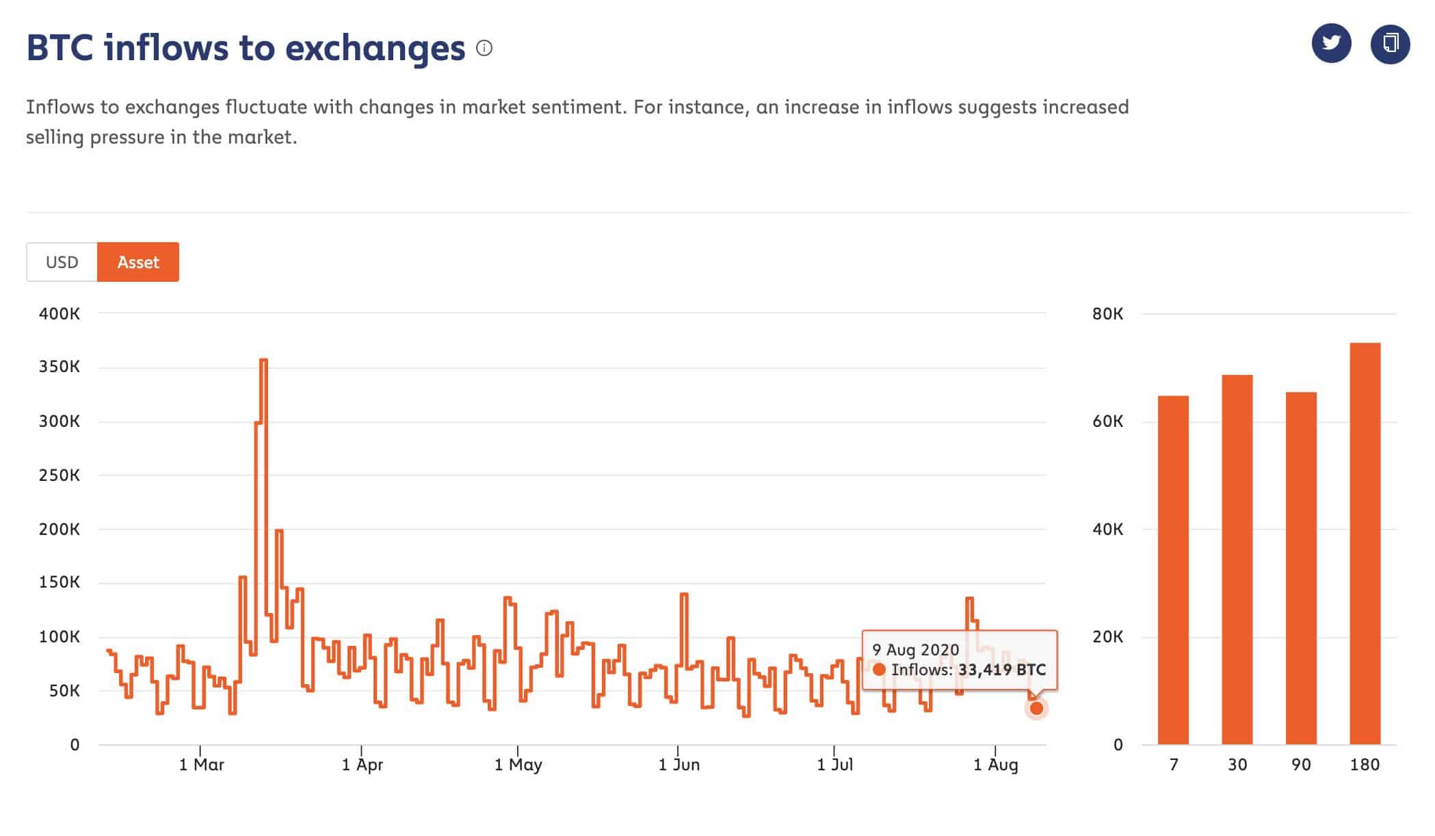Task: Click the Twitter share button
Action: pos(1331,44)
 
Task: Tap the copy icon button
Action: pos(1390,44)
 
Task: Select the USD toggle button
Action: pos(62,262)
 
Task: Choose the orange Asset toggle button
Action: pos(138,262)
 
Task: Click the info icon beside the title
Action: pos(484,48)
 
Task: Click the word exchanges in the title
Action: pos(375,48)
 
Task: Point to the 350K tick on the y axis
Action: pos(60,367)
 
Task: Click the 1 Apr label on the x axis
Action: pos(363,764)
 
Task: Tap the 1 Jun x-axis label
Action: pos(679,764)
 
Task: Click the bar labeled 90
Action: pos(1301,568)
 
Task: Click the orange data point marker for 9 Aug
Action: pos(1036,709)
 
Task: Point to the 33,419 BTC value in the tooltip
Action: pos(1002,670)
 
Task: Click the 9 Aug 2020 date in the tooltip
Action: pos(916,649)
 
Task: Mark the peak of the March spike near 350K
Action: pos(264,360)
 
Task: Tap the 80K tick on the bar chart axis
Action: pos(1107,314)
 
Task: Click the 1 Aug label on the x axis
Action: pos(996,764)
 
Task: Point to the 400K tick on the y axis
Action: pos(60,314)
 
